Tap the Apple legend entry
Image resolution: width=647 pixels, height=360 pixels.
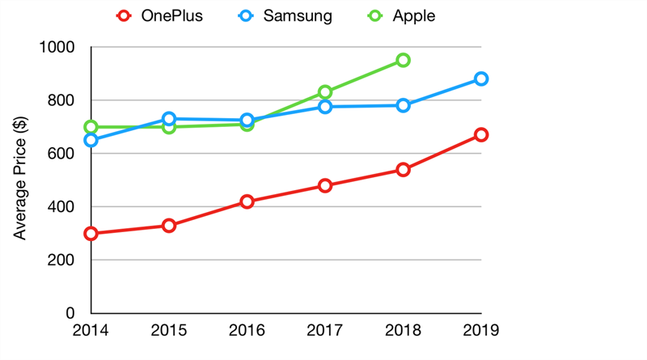[x=401, y=15]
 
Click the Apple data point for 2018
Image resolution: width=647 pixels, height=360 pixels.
[x=403, y=60]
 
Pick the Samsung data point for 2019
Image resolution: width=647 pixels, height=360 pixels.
[x=481, y=78]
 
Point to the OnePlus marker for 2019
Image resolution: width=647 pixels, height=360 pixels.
[x=481, y=134]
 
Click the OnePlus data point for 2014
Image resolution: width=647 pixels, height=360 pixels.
[x=91, y=234]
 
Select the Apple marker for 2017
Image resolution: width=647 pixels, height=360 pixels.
[x=325, y=92]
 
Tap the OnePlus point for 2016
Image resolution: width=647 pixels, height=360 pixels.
[x=247, y=201]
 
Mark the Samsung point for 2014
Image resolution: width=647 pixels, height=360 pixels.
[x=91, y=140]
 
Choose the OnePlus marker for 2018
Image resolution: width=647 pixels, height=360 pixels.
[x=403, y=170]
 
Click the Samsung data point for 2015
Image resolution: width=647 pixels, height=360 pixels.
[x=169, y=119]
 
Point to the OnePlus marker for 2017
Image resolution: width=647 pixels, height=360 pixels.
[x=325, y=185]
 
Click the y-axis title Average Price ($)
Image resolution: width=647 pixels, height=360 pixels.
[x=22, y=180]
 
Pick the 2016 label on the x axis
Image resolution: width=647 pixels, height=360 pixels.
[x=247, y=330]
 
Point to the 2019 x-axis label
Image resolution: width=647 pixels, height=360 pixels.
[x=481, y=330]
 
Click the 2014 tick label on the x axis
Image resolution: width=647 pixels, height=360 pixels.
[x=91, y=330]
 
